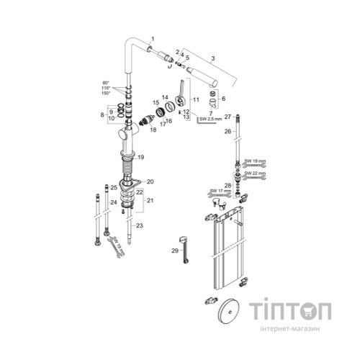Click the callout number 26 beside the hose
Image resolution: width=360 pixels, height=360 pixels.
(227, 132)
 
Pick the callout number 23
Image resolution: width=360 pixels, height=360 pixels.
(140, 226)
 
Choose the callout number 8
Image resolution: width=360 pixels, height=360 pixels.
(102, 114)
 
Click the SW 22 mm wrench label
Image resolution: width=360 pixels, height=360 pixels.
(254, 173)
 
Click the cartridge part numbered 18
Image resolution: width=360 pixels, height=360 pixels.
(150, 120)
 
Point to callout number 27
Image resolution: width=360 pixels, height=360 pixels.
(227, 116)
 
